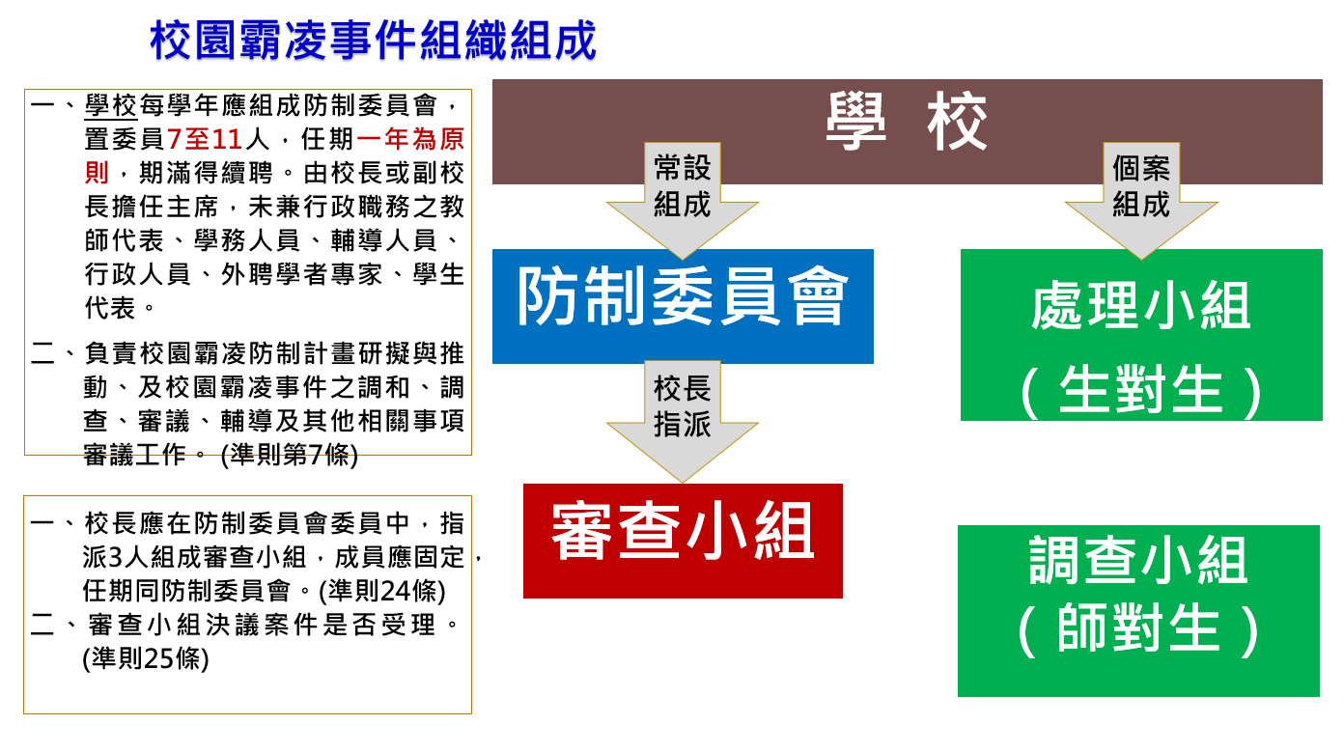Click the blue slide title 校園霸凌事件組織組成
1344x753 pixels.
373,41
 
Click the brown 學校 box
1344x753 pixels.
908,131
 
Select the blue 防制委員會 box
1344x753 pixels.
683,306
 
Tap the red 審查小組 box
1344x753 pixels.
683,541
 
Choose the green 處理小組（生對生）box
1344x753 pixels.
1141,335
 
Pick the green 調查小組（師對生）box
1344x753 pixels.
1138,611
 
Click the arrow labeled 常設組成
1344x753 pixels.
683,201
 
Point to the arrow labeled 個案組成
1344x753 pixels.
1141,201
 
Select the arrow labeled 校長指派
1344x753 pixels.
683,421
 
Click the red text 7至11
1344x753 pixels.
205,139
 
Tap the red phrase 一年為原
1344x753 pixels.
410,139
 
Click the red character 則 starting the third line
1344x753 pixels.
97,173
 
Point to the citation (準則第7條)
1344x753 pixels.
290,455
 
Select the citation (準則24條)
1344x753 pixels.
382,591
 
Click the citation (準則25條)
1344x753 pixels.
146,658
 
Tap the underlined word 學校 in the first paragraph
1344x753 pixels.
111,105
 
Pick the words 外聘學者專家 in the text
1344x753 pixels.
302,275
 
